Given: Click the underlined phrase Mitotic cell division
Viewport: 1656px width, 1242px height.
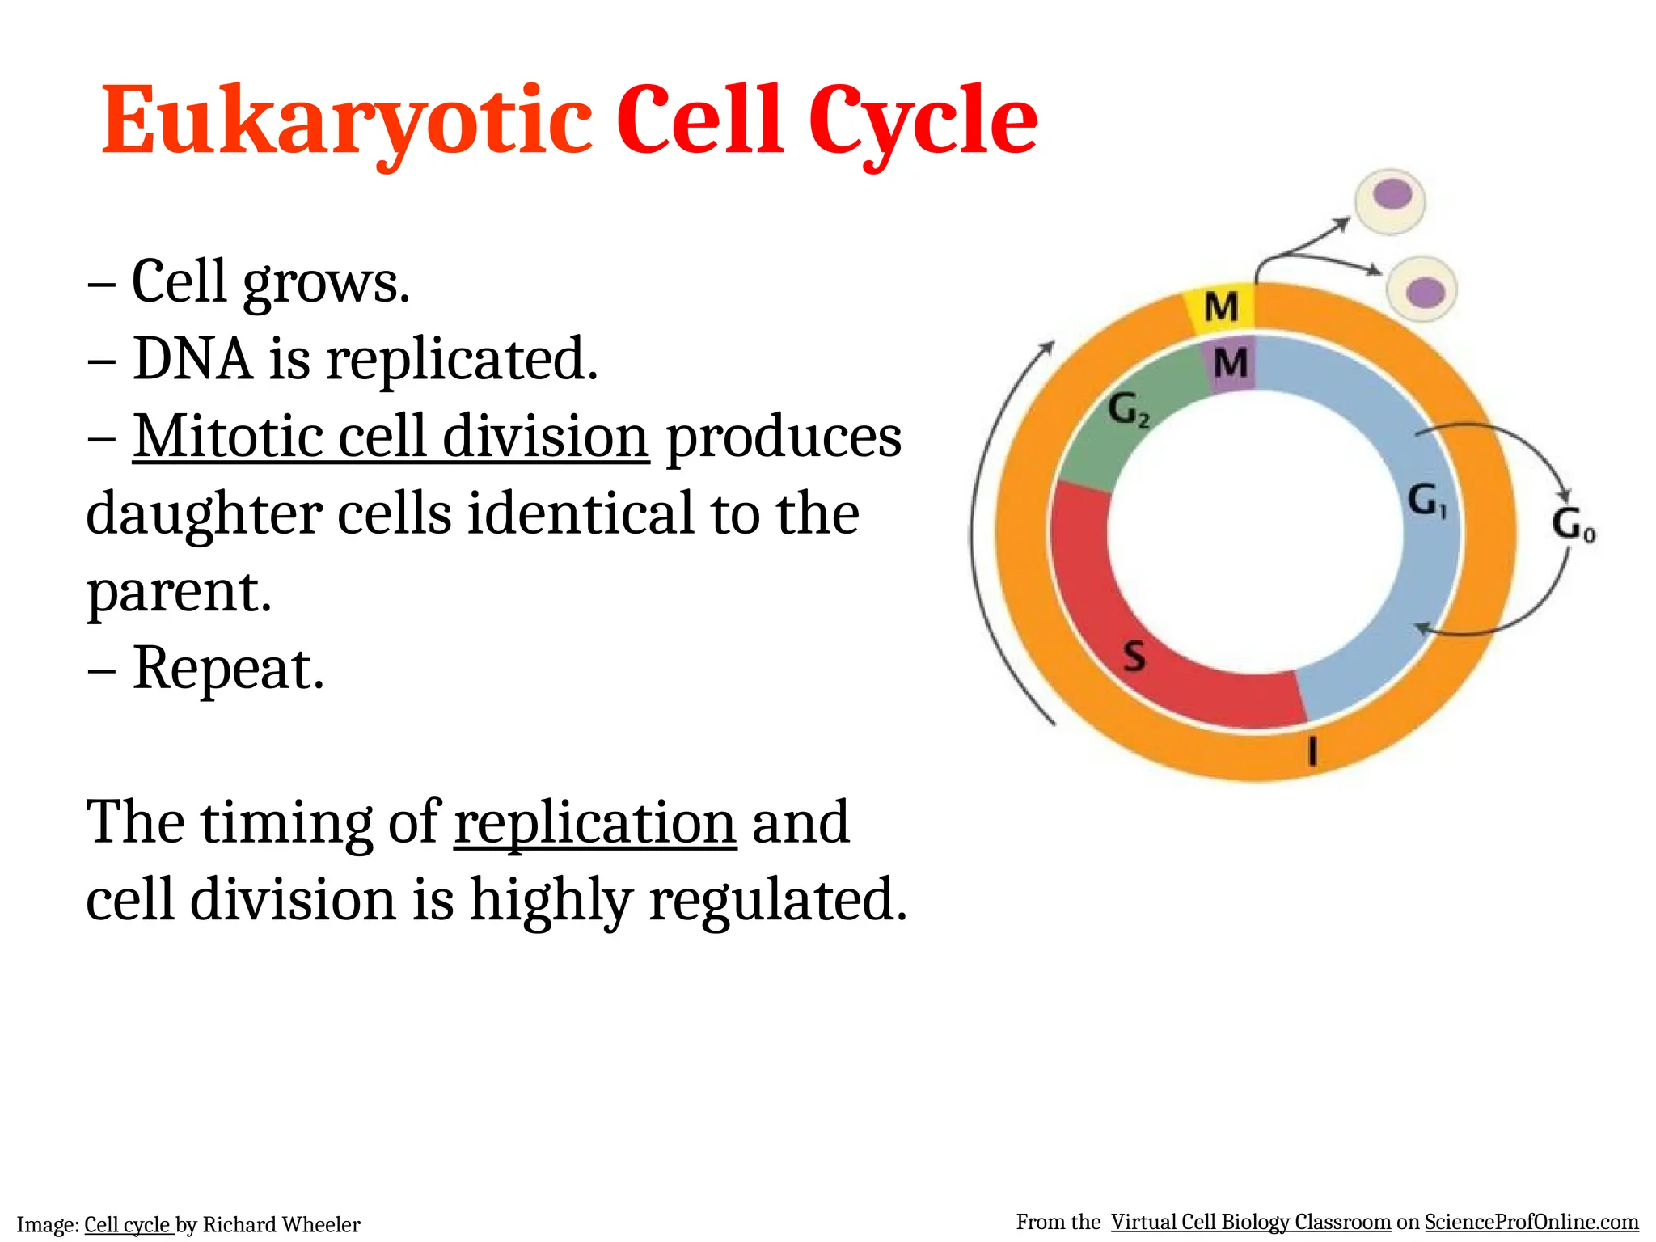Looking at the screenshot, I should click(391, 437).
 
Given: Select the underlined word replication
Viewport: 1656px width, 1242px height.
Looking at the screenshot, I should click(595, 823).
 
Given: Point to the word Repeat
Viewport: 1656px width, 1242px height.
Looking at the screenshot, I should click(228, 670).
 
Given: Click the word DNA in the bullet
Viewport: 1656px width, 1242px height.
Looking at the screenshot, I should click(192, 359).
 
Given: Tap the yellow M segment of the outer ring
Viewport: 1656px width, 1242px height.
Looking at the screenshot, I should click(1220, 308).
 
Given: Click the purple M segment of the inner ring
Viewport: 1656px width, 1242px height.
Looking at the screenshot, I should click(1231, 364).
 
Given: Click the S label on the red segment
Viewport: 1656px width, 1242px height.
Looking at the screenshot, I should click(1134, 655).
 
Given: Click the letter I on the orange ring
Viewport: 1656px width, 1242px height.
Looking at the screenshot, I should click(1312, 751).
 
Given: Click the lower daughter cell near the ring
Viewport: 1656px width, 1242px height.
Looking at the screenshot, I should click(1422, 289).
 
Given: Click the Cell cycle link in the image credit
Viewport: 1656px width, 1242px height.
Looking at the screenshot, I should click(128, 1225).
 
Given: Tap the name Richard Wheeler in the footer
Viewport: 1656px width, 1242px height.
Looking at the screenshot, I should click(281, 1225).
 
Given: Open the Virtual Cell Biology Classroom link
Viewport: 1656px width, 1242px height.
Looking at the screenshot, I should click(1250, 1222).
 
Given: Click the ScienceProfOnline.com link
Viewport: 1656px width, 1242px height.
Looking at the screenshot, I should click(1531, 1222).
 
